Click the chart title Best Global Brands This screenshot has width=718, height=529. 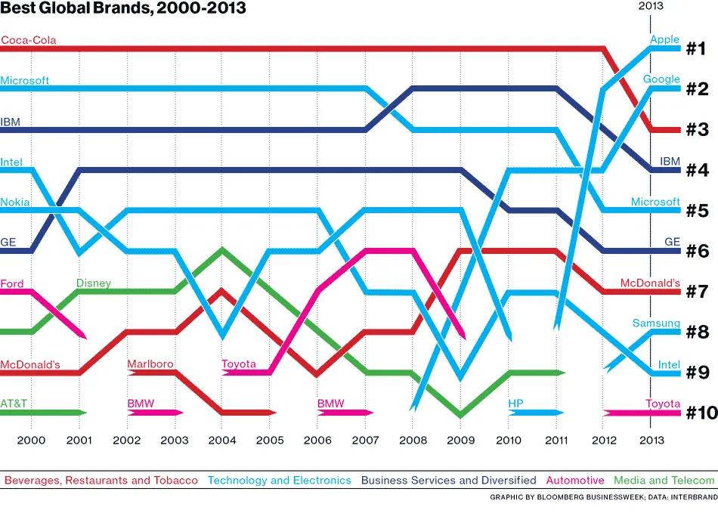point(122,9)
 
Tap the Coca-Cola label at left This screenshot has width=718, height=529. point(29,40)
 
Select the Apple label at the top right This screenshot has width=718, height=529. point(664,39)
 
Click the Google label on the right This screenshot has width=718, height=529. point(661,79)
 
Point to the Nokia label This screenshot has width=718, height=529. point(15,202)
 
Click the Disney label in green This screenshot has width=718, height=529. point(93,283)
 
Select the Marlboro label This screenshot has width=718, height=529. point(150,364)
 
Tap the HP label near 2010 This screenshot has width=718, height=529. point(515,404)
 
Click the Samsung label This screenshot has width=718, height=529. point(656,323)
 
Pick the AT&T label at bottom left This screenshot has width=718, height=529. point(14,404)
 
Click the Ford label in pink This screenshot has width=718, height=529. point(12,283)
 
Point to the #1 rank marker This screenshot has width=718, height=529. point(696,50)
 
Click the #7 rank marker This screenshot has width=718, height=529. point(696,292)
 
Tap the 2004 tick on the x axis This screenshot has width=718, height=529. point(222,440)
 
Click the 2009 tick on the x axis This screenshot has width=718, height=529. point(460,440)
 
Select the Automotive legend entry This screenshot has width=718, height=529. point(575,480)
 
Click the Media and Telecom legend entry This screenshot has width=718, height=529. point(664,480)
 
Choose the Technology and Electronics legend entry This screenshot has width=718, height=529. point(280,480)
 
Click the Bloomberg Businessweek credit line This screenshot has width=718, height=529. point(602,498)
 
